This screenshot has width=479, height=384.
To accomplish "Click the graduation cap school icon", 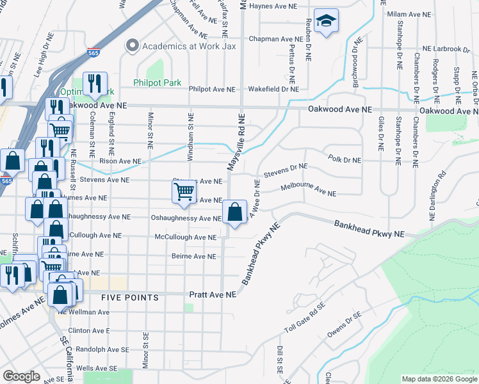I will [x=327, y=22].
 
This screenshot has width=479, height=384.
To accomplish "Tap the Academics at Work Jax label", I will [x=190, y=45].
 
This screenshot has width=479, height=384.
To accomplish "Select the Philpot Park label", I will [x=157, y=83].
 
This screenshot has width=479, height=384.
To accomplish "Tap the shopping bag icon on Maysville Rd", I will [x=235, y=211].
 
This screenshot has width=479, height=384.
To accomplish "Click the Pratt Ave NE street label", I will [x=213, y=294].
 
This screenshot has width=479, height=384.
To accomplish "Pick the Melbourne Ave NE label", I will [x=308, y=191].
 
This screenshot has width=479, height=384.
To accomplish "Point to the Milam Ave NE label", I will [x=408, y=14].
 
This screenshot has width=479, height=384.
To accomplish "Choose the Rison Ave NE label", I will [x=120, y=161].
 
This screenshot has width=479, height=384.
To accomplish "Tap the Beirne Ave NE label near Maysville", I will [x=193, y=257].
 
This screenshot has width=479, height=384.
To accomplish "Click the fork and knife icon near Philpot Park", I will [x=94, y=83].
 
